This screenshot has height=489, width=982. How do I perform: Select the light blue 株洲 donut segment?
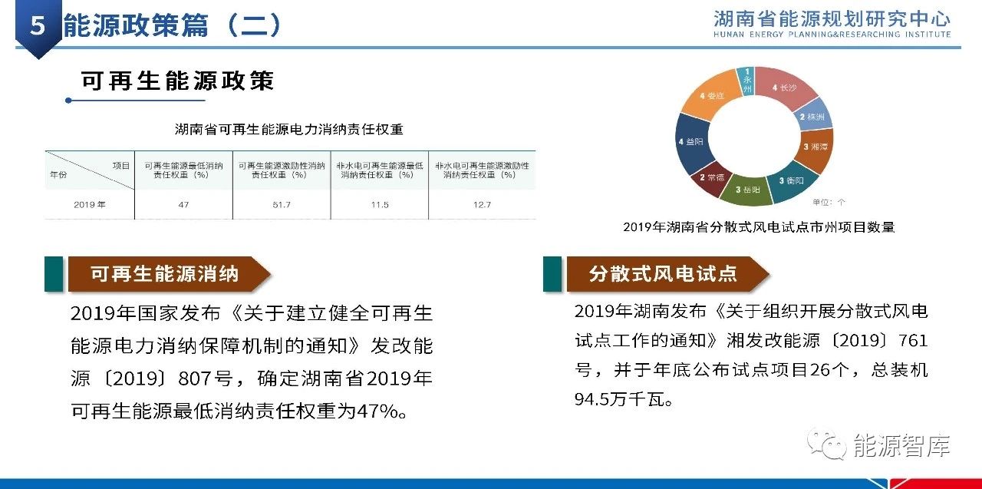(813, 116)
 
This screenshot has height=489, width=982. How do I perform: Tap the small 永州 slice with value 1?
(747, 81)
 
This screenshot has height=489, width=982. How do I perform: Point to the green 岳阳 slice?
(747, 190)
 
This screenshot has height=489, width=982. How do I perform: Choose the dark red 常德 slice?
(710, 177)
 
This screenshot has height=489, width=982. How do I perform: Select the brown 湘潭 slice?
(816, 147)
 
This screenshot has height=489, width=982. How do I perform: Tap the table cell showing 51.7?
(282, 205)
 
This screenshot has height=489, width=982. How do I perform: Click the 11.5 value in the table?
(380, 205)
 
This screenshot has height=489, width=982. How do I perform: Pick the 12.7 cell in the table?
(483, 205)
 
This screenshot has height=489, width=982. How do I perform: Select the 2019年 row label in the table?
(90, 205)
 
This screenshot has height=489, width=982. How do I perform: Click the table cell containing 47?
(183, 205)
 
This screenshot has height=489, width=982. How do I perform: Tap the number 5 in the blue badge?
(38, 25)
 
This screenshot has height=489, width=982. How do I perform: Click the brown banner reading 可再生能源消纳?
(170, 274)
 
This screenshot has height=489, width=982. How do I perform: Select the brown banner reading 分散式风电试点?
(667, 274)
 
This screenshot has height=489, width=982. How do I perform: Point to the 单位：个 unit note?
(829, 202)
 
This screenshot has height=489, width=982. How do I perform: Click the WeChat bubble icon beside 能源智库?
(827, 444)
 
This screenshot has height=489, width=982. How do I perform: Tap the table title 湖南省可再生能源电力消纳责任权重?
(289, 130)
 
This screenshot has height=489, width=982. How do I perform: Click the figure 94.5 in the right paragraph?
(592, 399)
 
